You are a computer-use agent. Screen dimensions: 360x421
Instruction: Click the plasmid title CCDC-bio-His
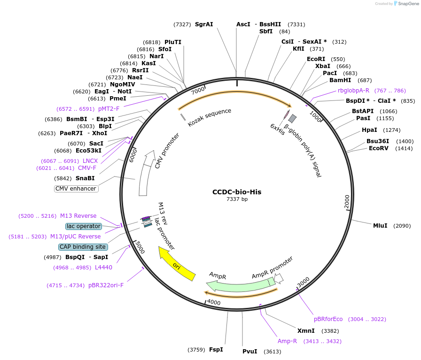point(237,191)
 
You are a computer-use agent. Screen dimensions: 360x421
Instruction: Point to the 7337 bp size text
point(237,199)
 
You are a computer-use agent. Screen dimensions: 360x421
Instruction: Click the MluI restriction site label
point(380,226)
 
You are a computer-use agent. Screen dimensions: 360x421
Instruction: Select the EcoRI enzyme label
point(316,59)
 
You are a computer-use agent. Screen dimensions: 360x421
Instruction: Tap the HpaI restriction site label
point(369,130)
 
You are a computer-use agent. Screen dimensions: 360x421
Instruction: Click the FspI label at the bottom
point(216,350)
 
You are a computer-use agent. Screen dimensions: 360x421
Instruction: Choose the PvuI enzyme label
point(250,351)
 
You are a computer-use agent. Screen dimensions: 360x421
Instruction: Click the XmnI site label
point(306,330)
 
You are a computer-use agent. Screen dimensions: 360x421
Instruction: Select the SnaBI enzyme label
point(85,178)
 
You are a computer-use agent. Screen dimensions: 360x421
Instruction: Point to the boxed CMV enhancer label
point(76,189)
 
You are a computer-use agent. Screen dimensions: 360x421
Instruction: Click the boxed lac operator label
point(84,226)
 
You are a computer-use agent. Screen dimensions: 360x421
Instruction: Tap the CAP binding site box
point(83,247)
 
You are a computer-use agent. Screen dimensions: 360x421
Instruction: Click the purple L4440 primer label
point(103,268)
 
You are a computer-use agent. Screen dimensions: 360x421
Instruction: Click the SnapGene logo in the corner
point(405,4)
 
